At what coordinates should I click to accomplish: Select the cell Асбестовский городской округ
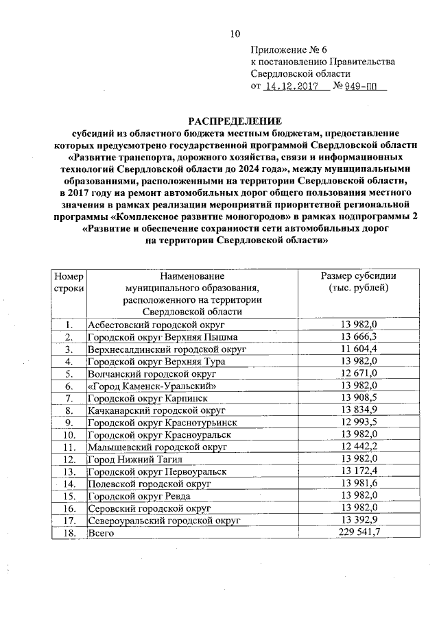156,324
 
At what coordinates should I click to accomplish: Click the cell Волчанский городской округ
152,373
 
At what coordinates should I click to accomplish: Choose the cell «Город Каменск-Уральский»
152,386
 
